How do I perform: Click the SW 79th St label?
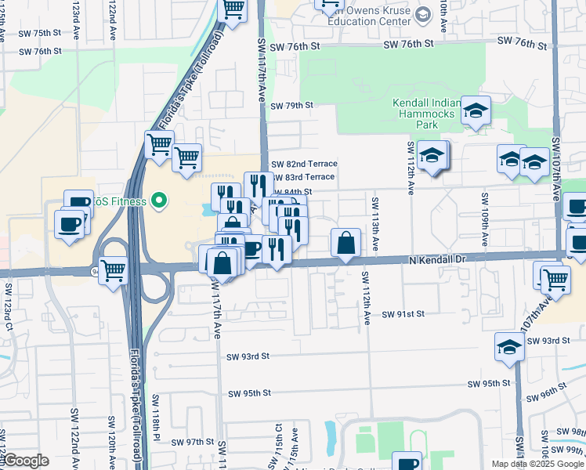[x=291, y=106]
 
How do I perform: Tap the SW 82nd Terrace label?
[x=304, y=164]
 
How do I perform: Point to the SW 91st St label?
[x=403, y=314]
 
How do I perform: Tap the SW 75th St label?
[x=41, y=32]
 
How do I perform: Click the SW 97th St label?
[x=194, y=442]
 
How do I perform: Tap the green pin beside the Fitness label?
[x=160, y=201]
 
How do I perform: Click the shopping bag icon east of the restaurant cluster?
[x=345, y=244]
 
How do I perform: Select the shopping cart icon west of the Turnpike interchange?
[x=114, y=271]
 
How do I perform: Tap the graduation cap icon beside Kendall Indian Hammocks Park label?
[x=475, y=111]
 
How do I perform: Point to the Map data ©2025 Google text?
[x=537, y=464]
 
